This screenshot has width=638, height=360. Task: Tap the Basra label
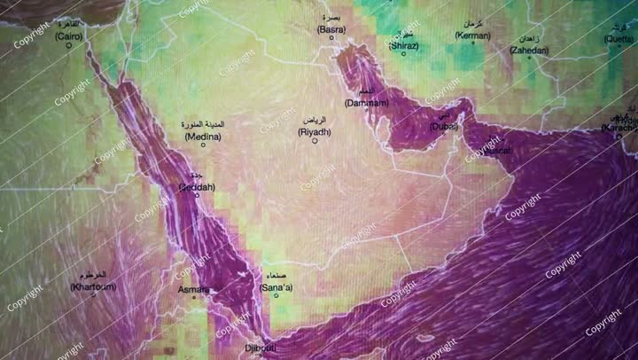[331, 29]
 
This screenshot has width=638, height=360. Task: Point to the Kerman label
[472, 35]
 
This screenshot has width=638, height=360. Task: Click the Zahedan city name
[529, 51]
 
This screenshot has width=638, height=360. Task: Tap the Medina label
[203, 138]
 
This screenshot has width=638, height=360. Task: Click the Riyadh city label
[315, 132]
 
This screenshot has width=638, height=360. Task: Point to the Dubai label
[444, 127]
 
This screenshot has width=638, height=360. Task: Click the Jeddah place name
[196, 188]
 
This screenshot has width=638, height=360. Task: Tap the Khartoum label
[89, 288]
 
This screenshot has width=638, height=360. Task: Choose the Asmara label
[193, 290]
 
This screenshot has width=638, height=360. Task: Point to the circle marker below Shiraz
[404, 53]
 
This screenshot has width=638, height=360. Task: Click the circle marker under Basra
[332, 42]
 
